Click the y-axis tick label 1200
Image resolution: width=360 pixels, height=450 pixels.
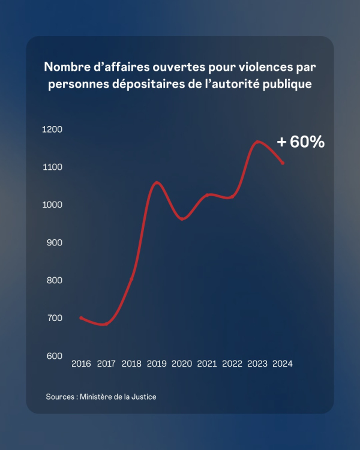point(53,130)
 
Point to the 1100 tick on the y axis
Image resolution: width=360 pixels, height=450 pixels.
point(53,167)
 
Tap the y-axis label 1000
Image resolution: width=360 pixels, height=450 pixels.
point(53,205)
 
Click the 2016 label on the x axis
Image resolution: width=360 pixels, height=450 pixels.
point(81,364)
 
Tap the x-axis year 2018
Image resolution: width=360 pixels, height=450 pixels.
point(131,364)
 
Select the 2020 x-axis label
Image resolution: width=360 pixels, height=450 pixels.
point(182,364)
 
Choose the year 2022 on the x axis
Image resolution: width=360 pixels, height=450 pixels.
point(232,364)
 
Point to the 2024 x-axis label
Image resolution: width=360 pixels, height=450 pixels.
point(282,364)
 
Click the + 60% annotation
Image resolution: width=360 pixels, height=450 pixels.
point(301,142)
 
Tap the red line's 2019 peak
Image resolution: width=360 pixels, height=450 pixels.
point(157,182)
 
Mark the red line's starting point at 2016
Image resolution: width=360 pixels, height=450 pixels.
point(81,317)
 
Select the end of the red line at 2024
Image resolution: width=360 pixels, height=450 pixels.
point(283,163)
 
